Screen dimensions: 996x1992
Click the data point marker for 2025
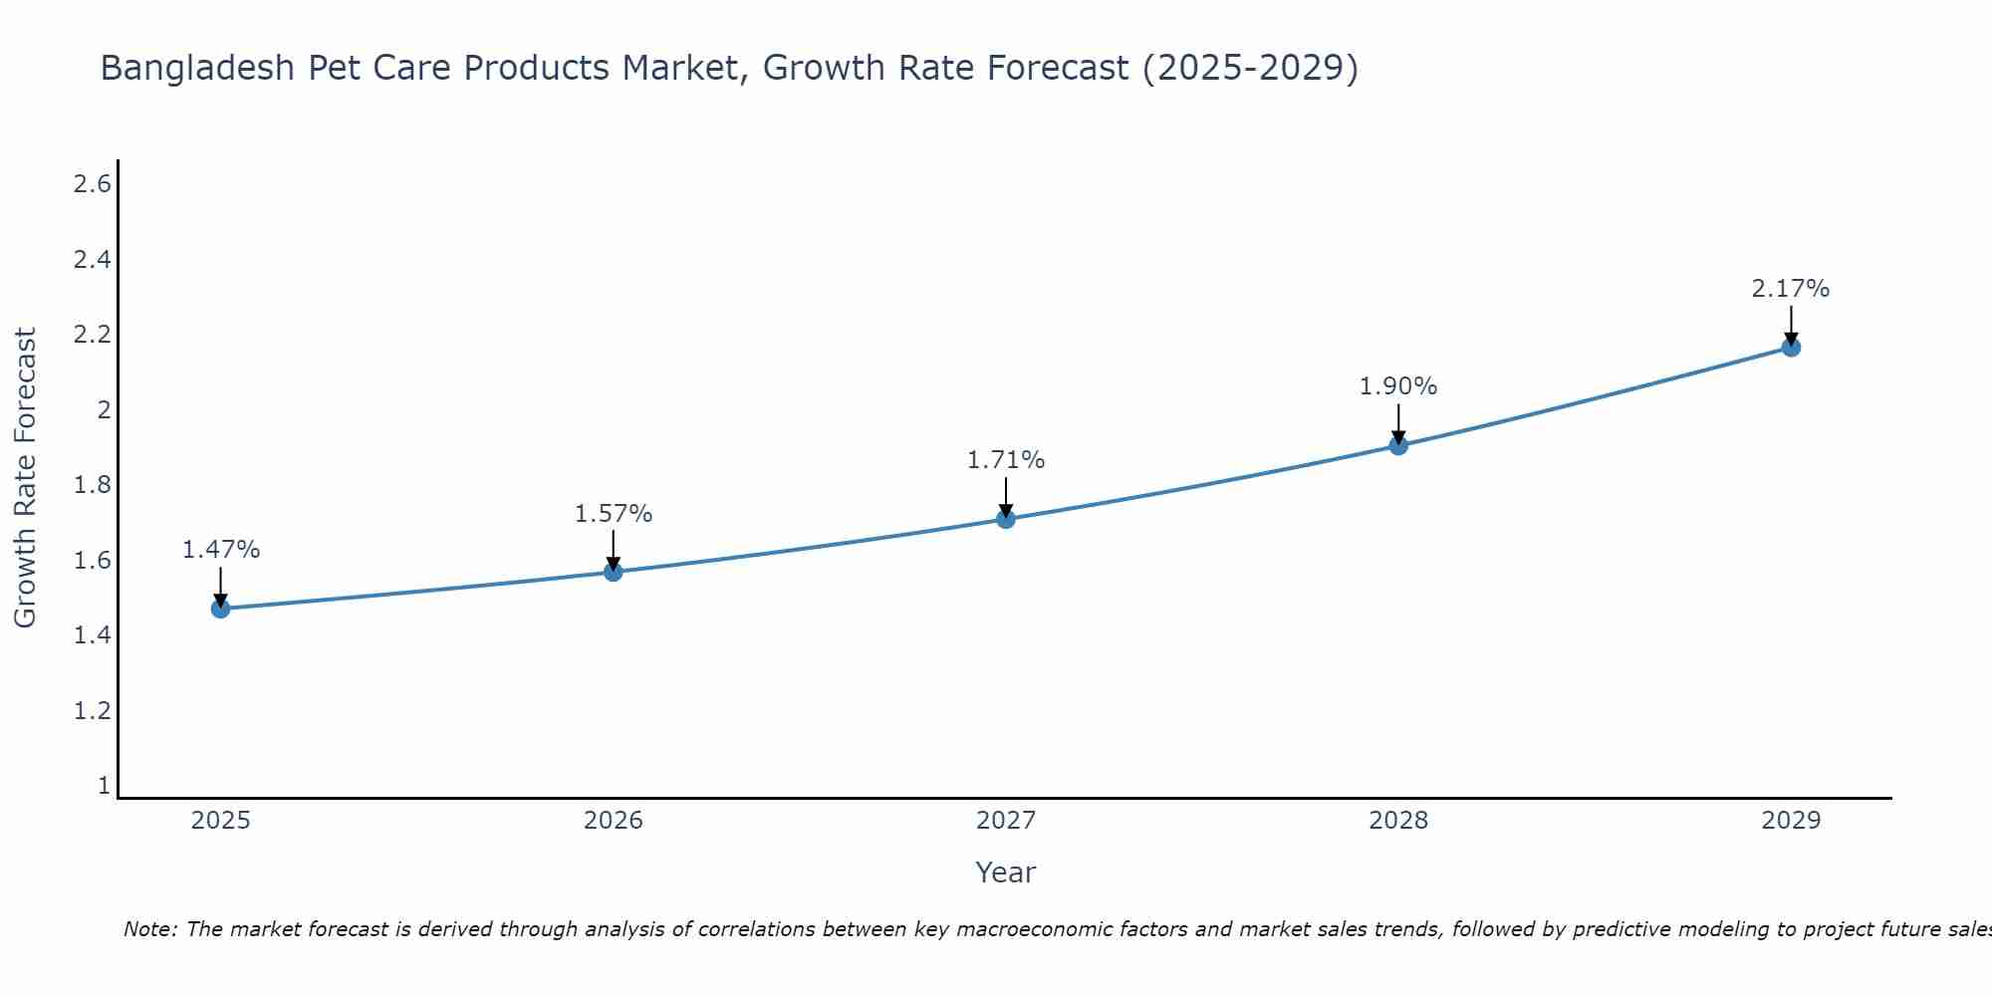[220, 609]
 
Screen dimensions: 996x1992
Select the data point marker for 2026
[614, 572]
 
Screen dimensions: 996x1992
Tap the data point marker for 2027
[1006, 519]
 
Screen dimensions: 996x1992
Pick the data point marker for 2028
[1398, 445]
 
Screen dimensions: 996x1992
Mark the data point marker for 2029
[1791, 348]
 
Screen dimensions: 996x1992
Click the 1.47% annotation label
[221, 550]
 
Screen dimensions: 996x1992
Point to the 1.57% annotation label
[614, 514]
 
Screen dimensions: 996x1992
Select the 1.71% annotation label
[1006, 460]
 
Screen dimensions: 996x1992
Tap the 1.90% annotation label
[1398, 386]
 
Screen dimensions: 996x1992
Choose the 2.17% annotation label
[1791, 289]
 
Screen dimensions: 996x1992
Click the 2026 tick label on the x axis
[614, 821]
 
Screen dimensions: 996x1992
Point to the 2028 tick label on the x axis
[1398, 821]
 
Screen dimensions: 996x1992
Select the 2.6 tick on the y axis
[93, 184]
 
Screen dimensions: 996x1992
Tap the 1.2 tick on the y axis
[93, 711]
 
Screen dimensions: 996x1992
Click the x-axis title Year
[1006, 872]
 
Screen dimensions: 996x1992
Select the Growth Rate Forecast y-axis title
[25, 478]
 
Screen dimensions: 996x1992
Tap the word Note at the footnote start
[149, 929]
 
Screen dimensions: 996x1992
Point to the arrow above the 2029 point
[1791, 324]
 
